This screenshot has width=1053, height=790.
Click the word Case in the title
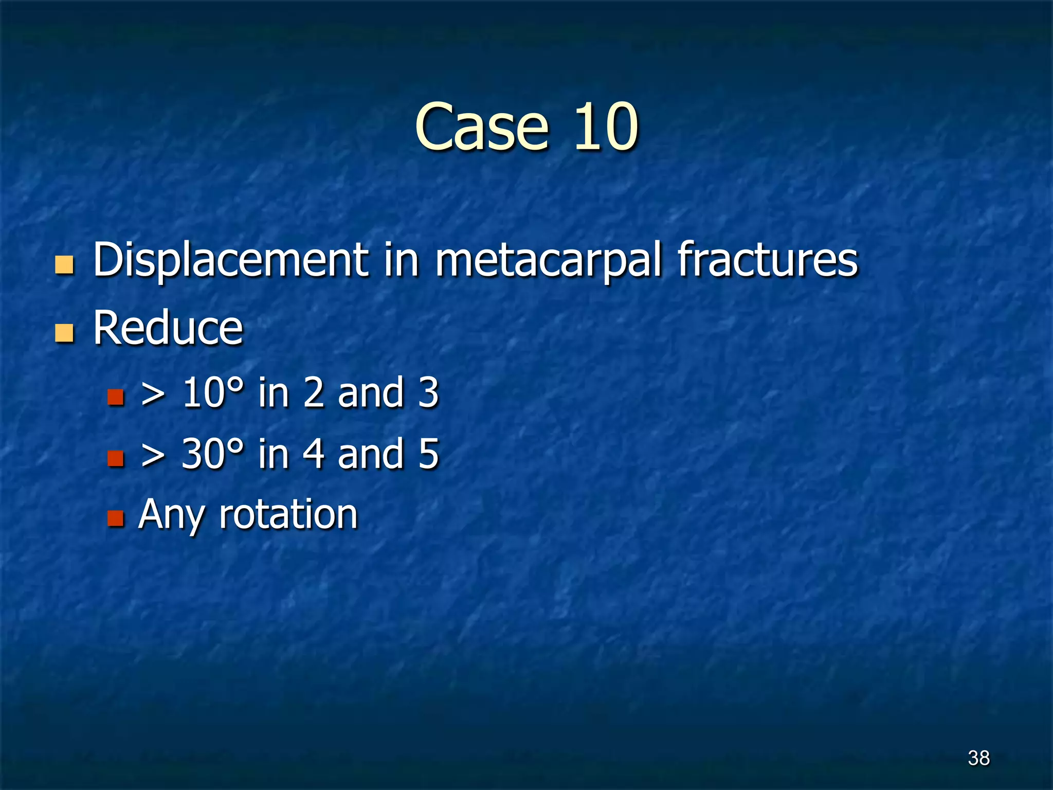point(481,127)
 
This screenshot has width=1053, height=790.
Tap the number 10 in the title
point(606,127)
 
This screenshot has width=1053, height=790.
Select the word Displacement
point(231,260)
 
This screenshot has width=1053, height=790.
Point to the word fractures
point(768,260)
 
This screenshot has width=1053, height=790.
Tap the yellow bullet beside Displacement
point(64,265)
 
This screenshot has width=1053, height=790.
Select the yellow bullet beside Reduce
point(64,333)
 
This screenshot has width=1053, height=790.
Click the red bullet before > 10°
point(116,397)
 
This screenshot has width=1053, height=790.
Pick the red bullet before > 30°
point(116,458)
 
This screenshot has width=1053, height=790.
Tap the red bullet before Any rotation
point(116,518)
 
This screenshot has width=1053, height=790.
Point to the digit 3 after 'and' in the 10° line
point(428,393)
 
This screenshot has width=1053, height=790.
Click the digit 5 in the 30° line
point(428,454)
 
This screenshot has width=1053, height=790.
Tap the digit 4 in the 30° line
point(313,454)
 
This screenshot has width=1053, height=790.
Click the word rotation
point(288,514)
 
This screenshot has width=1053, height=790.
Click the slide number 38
point(978,758)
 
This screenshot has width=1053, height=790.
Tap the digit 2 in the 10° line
point(313,393)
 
